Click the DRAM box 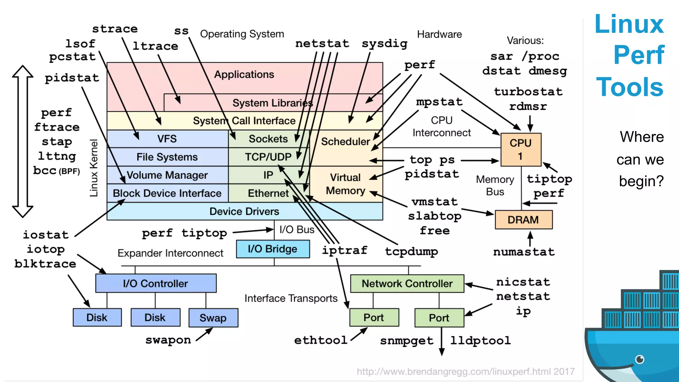click(x=523, y=220)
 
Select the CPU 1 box click(x=521, y=150)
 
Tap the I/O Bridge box click(x=273, y=249)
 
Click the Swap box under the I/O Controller click(x=213, y=318)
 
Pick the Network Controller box click(x=407, y=284)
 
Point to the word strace click(x=115, y=29)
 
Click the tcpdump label click(x=411, y=251)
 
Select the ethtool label click(x=321, y=340)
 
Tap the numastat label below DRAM click(x=524, y=252)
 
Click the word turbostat click(x=528, y=92)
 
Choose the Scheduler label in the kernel click(x=345, y=142)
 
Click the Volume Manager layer click(x=167, y=175)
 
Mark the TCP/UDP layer click(x=268, y=157)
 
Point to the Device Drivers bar click(x=244, y=212)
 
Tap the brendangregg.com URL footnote click(x=465, y=371)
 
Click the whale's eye click(x=640, y=359)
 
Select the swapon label click(x=168, y=340)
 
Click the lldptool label click(x=480, y=341)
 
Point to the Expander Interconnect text click(x=170, y=253)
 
